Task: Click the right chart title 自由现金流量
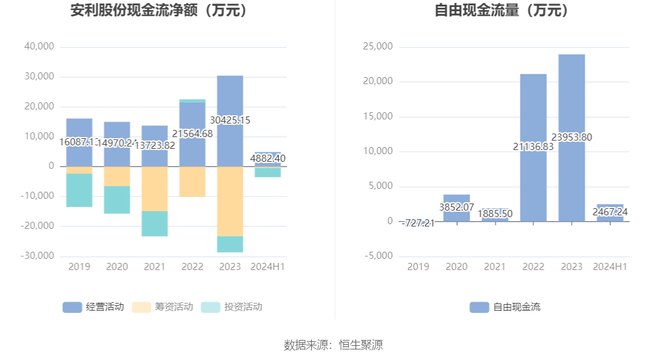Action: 502,11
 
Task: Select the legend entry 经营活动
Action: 94,306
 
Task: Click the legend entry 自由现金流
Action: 505,306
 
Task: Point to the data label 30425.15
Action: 226,120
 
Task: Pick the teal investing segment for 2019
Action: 79,190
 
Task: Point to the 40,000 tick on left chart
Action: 39,46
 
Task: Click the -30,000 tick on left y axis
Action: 38,256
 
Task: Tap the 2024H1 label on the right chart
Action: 610,266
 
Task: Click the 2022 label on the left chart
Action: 192,266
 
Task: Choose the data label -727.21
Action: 418,223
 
